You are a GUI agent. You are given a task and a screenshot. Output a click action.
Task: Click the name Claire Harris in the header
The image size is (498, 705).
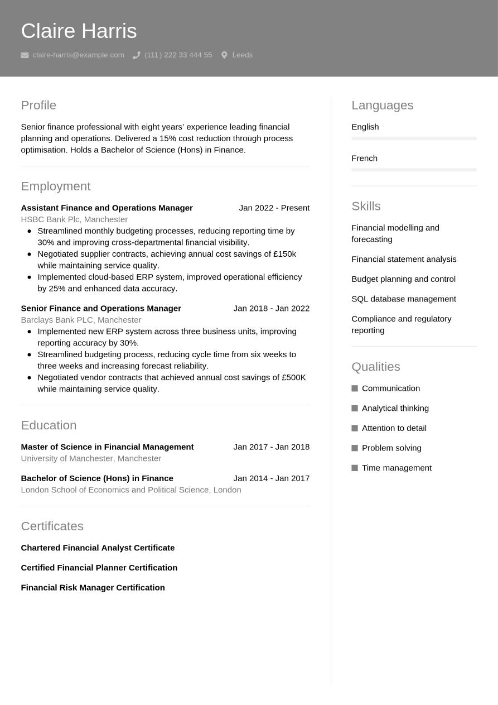(79, 31)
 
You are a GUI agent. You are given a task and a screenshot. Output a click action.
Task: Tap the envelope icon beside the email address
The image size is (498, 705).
(25, 55)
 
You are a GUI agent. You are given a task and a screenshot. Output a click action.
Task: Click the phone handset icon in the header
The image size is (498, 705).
(136, 55)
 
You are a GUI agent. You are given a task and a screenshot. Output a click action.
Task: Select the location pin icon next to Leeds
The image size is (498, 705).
(224, 55)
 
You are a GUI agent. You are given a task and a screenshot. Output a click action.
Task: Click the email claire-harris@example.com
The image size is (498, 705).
(78, 55)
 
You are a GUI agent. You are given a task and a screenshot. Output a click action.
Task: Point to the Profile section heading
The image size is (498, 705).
(38, 105)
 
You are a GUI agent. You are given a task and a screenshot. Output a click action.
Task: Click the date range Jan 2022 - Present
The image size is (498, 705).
(274, 208)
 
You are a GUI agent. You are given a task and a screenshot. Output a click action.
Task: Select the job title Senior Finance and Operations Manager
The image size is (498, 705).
(101, 309)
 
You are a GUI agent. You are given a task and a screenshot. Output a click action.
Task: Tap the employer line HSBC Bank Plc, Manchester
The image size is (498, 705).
(74, 219)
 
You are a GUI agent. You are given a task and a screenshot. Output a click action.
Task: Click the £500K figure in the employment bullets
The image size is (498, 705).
(294, 377)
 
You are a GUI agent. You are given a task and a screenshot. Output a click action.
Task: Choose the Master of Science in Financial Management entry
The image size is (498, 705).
(107, 447)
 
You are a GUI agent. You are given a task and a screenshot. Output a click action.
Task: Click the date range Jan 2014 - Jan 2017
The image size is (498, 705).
(271, 478)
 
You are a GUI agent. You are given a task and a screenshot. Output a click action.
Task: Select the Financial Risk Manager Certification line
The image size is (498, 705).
(93, 588)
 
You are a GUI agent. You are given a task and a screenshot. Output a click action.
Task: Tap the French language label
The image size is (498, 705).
(364, 159)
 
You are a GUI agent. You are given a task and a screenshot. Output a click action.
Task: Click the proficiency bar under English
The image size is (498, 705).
(414, 138)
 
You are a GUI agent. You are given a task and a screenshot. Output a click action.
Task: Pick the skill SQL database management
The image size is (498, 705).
(403, 299)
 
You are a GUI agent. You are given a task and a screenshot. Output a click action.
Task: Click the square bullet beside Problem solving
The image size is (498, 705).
(355, 448)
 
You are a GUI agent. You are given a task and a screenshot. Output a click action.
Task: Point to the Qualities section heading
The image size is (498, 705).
(375, 367)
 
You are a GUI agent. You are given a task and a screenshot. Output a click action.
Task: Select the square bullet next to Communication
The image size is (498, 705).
(355, 389)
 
